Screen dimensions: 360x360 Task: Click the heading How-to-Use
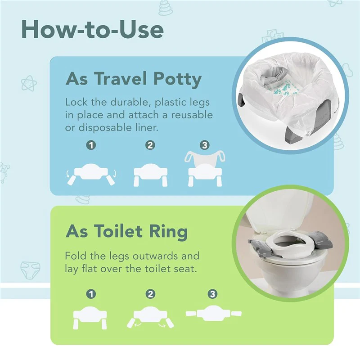tap(92, 29)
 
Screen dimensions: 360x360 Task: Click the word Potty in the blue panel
tap(177, 79)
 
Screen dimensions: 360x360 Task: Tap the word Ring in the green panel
tap(168, 231)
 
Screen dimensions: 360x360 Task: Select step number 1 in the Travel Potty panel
tap(91, 145)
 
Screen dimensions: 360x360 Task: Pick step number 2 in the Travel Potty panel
tap(150, 145)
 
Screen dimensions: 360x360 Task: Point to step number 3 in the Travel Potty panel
tap(205, 145)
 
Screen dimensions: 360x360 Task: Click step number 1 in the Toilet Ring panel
tap(91, 294)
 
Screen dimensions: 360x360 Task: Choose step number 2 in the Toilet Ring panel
tap(150, 294)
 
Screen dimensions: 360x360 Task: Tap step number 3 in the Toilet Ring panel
tap(212, 294)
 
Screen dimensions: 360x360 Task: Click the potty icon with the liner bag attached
tap(205, 169)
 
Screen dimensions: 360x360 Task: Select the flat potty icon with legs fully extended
tap(213, 313)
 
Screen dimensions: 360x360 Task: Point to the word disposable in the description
tap(105, 128)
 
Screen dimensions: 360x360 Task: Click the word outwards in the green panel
tap(155, 256)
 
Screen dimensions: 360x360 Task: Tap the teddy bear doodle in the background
tap(4, 172)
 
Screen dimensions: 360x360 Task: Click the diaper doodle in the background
tap(30, 270)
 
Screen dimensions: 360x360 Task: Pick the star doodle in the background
tap(29, 83)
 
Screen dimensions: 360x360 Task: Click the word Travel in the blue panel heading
tap(121, 78)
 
